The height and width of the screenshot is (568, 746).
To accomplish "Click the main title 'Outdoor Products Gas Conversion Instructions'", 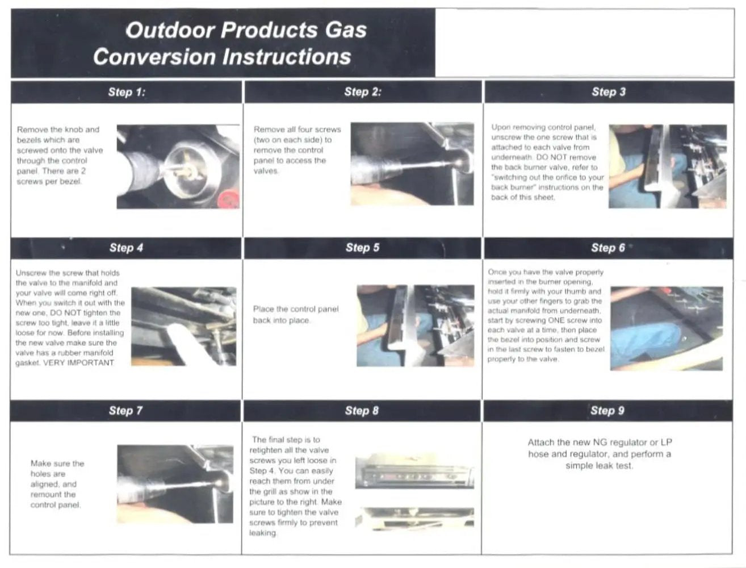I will coord(229,43).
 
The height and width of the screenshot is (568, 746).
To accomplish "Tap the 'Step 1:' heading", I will coord(127,92).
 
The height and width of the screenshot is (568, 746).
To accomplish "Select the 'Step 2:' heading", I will coord(363,92).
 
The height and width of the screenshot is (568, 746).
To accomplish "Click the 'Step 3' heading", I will coord(609,92).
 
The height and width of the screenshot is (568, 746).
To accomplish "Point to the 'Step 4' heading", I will coord(126,248).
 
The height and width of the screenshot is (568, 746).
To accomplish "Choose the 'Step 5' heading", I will coord(362,248).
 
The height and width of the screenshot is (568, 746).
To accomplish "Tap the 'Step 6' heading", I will coord(608,248).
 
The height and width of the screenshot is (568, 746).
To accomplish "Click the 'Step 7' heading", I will coord(125,411).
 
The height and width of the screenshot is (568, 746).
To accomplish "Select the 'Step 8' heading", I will coord(362,411).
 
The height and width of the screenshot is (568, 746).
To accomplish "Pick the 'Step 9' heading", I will coord(607,411).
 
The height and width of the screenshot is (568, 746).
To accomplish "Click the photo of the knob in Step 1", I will coord(178,166).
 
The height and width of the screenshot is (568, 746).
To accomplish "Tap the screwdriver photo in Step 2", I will coord(412,164).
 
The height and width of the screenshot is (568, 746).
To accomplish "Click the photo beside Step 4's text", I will coord(183,326).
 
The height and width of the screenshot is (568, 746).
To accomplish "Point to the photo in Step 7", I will coord(175,484).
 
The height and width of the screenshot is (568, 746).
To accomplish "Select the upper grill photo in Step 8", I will coord(414,471).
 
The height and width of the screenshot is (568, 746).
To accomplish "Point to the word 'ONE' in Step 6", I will coord(557,320).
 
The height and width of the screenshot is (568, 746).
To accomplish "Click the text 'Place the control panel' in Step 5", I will coord(295,309).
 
